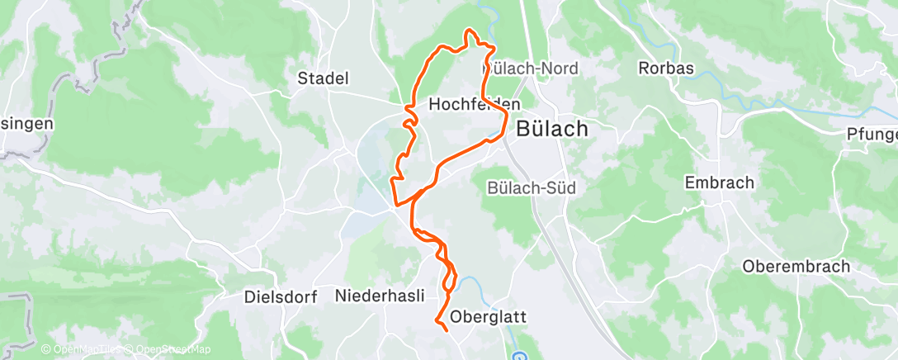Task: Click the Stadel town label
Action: click(x=323, y=78)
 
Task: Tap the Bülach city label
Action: click(x=552, y=129)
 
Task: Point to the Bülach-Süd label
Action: click(x=532, y=188)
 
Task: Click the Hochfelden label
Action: click(x=475, y=105)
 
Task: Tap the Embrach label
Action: click(x=720, y=182)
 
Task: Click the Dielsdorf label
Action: click(x=281, y=297)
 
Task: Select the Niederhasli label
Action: click(x=380, y=295)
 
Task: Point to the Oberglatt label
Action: click(x=489, y=316)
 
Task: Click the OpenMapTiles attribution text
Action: click(x=80, y=350)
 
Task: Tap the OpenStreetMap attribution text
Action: click(x=168, y=350)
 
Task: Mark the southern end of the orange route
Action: click(x=447, y=329)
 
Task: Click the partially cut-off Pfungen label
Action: click(x=873, y=134)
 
